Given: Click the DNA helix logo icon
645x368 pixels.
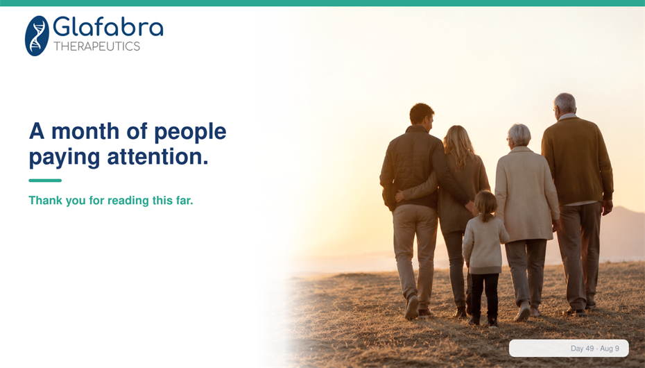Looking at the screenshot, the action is pyautogui.click(x=37, y=36).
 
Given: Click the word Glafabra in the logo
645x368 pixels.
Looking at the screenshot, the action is pyautogui.click(x=108, y=27).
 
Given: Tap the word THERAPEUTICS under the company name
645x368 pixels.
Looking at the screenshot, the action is pyautogui.click(x=96, y=47).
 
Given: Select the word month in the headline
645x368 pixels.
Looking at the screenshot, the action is pyautogui.click(x=85, y=131).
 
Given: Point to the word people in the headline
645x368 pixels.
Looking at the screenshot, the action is pyautogui.click(x=190, y=133).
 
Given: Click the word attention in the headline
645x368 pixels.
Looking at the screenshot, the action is pyautogui.click(x=158, y=157).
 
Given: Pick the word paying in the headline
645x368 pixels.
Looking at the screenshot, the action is pyautogui.click(x=64, y=158).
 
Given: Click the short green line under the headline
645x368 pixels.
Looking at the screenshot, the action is pyautogui.click(x=45, y=181).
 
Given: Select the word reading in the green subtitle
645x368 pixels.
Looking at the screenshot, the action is pyautogui.click(x=128, y=201).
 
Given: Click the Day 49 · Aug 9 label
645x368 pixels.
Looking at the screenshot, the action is pyautogui.click(x=594, y=349).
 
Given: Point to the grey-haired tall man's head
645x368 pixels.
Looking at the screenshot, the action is pyautogui.click(x=565, y=104).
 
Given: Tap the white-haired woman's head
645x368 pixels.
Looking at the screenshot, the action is pyautogui.click(x=519, y=135).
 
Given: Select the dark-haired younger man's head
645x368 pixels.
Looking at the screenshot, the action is pyautogui.click(x=422, y=115).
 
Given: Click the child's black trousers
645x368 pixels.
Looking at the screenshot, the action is pyautogui.click(x=484, y=296).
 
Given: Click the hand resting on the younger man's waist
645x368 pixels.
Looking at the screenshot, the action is pyautogui.click(x=399, y=196).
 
